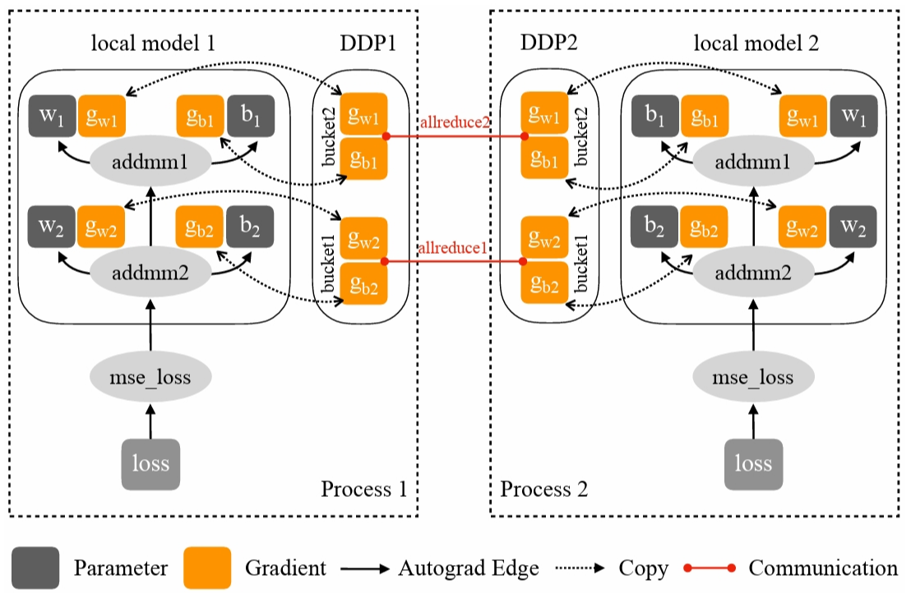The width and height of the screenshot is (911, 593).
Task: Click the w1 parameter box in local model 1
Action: click(52, 116)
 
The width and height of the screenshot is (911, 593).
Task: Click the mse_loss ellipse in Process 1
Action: click(150, 378)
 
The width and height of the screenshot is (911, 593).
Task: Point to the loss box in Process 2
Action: click(753, 463)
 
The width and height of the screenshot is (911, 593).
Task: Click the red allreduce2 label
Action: click(454, 122)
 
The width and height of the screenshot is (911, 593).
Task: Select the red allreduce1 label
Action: click(454, 247)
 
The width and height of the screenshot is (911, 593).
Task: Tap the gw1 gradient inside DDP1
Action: click(363, 116)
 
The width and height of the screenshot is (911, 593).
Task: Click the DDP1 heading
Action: click(368, 43)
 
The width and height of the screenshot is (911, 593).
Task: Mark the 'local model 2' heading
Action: click(756, 43)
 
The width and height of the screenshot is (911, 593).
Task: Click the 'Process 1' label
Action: click(364, 490)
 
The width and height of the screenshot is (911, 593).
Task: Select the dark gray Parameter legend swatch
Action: click(35, 568)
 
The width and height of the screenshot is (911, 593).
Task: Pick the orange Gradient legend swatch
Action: click(207, 568)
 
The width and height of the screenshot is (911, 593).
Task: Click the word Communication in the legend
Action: click(823, 568)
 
